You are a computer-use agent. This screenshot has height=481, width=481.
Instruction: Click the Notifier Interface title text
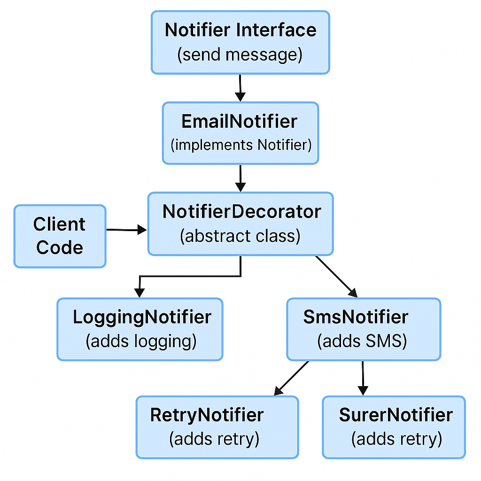pos(240,31)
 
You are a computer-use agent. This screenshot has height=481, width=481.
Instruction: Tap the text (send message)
pos(240,54)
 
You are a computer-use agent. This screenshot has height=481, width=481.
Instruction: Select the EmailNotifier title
pos(240,121)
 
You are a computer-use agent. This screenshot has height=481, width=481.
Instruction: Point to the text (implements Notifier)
pos(240,145)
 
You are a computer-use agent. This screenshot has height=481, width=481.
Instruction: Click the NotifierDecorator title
pos(241,212)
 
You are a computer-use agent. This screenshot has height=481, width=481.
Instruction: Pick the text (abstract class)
pos(240,236)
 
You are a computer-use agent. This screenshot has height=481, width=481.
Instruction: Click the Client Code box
pos(60,236)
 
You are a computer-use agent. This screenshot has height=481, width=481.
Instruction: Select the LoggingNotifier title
pos(142,318)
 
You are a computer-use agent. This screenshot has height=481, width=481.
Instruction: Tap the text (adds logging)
pos(140,341)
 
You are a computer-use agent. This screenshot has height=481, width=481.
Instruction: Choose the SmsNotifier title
pos(356,318)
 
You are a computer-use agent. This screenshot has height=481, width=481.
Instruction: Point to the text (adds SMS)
pos(362,341)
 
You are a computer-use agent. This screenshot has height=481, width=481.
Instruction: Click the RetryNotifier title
pos(207,415)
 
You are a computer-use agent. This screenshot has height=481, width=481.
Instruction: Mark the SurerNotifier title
pos(396,415)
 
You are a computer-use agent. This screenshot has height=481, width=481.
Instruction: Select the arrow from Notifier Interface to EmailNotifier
pos(240,87)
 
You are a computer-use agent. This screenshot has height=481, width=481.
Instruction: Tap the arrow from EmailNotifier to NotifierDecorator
pos(240,178)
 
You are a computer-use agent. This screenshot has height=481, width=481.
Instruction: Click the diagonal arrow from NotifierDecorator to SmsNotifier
pos(336,277)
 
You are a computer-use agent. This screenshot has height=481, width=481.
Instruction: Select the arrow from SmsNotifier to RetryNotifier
pos(291,378)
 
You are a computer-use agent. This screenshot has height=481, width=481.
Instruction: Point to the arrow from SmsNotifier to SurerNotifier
pos(363,378)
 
